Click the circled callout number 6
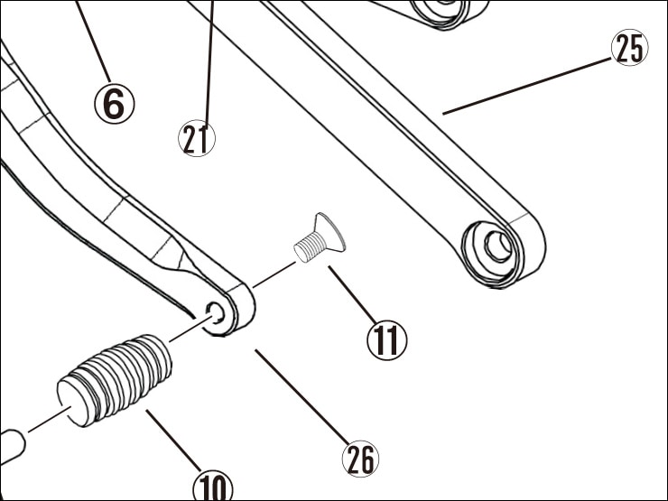click(x=114, y=104)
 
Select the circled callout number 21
click(x=197, y=139)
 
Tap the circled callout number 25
click(x=629, y=49)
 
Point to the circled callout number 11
click(x=386, y=340)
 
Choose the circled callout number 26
click(x=360, y=459)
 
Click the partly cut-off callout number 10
click(x=214, y=487)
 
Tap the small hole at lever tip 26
click(x=216, y=312)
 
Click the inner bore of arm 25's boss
click(x=495, y=245)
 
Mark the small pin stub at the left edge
click(x=10, y=442)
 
